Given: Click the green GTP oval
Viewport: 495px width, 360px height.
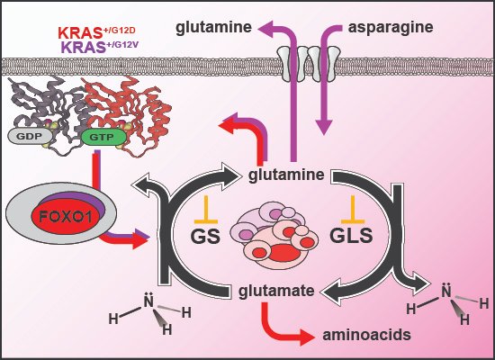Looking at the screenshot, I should pyautogui.click(x=99, y=137).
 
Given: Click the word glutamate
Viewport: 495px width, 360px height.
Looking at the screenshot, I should pyautogui.click(x=276, y=290).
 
